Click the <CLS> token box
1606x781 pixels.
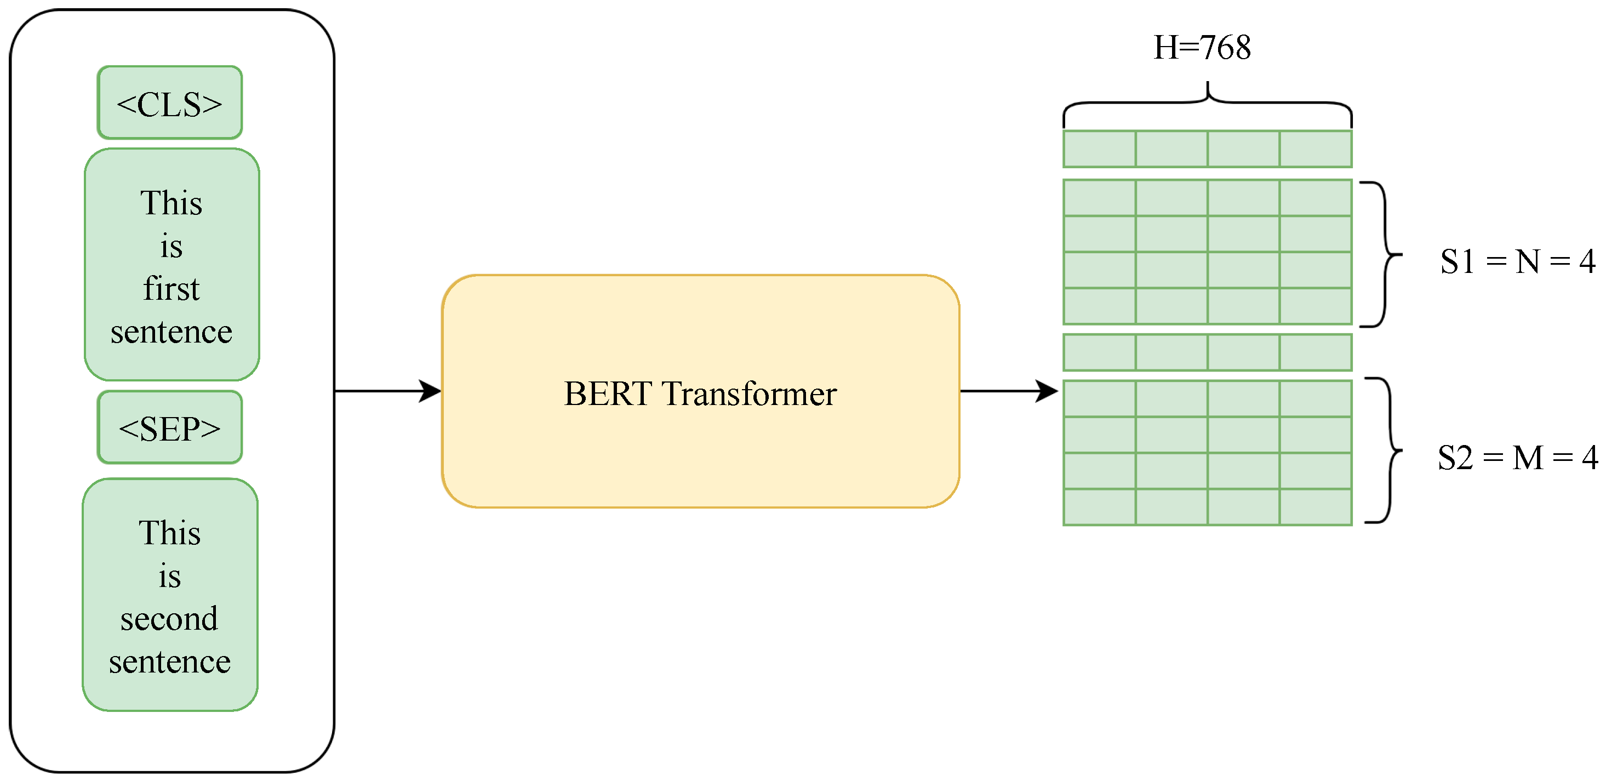pos(169,103)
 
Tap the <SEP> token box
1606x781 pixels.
pos(169,428)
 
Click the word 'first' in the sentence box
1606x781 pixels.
pos(172,289)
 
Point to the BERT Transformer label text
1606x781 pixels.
pos(700,394)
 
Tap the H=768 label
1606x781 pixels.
pos(1202,48)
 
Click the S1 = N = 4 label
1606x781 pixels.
pos(1517,261)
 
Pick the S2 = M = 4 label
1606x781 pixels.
pos(1517,457)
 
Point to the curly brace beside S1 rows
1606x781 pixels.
pos(1384,254)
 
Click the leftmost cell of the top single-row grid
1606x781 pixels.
pos(1099,149)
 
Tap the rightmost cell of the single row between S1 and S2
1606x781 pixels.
pos(1316,352)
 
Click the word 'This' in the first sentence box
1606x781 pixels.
pos(172,203)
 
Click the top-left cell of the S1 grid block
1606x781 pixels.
pos(1099,198)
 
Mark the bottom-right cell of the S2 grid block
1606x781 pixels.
pos(1316,507)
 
